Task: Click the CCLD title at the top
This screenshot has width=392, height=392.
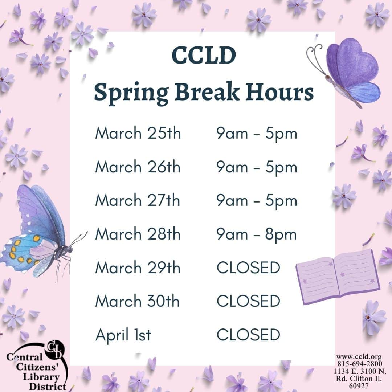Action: click(204, 56)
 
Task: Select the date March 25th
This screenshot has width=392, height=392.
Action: click(138, 134)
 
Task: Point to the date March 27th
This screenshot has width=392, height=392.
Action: click(138, 200)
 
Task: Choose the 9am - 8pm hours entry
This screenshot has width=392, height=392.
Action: click(257, 234)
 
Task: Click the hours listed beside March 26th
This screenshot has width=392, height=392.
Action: click(257, 167)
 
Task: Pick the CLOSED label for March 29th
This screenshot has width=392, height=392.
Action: click(248, 268)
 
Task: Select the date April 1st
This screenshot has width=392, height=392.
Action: click(123, 335)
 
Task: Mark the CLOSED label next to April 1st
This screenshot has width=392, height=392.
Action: click(248, 335)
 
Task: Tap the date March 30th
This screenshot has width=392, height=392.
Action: click(138, 301)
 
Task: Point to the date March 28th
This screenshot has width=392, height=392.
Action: click(138, 234)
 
